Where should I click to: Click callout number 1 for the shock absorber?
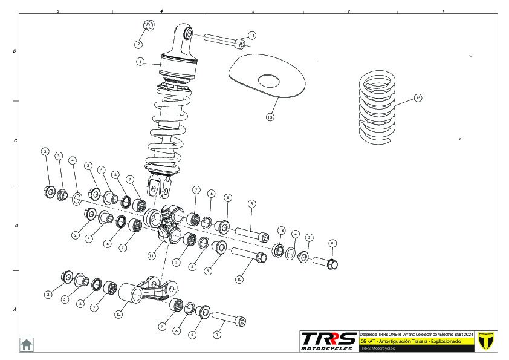[140, 61]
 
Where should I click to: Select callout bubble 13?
[270, 117]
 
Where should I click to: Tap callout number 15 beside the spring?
[418, 97]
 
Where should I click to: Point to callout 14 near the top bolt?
[252, 36]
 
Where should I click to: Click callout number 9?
[332, 243]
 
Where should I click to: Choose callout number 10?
[239, 280]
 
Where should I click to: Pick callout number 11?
[152, 256]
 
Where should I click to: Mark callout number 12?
[119, 315]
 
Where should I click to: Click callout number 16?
[281, 231]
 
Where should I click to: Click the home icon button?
[27, 344]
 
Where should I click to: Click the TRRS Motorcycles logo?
[329, 341]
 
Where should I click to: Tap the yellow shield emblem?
[485, 341]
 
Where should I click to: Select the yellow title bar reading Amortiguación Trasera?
[417, 341]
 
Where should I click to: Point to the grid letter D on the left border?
[15, 51]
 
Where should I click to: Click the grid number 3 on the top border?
[253, 11]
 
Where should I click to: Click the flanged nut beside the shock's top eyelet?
[148, 25]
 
